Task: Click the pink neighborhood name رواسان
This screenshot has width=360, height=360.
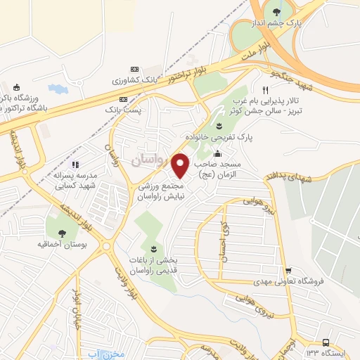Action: click(x=150, y=160)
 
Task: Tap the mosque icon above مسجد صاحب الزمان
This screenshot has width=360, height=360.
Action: click(x=218, y=154)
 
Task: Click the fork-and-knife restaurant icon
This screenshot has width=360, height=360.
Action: click(x=265, y=91)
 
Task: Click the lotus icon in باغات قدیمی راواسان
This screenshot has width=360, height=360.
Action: click(x=153, y=248)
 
